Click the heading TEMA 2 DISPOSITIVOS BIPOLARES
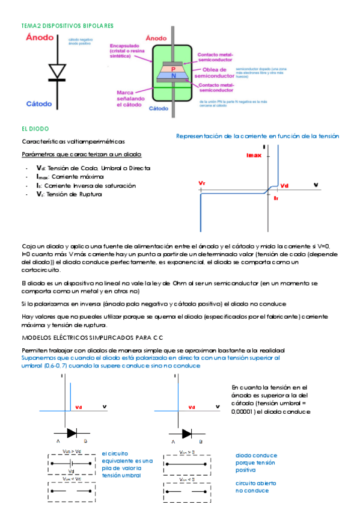click(x=67, y=26)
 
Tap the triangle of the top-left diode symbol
click(x=57, y=71)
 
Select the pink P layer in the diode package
click(x=173, y=69)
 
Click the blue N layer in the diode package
click(x=173, y=76)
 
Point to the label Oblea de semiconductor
click(x=213, y=73)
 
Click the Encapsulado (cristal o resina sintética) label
click(x=127, y=51)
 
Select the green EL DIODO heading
click(x=35, y=129)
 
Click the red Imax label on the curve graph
click(x=254, y=155)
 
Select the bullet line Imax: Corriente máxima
click(x=70, y=177)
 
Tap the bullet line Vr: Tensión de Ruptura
click(x=71, y=194)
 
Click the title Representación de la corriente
click(x=257, y=137)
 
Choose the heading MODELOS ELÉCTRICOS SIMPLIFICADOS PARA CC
click(x=93, y=337)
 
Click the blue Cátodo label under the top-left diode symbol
click(x=41, y=103)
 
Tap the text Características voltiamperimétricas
click(x=73, y=142)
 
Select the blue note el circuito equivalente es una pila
click(x=127, y=464)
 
